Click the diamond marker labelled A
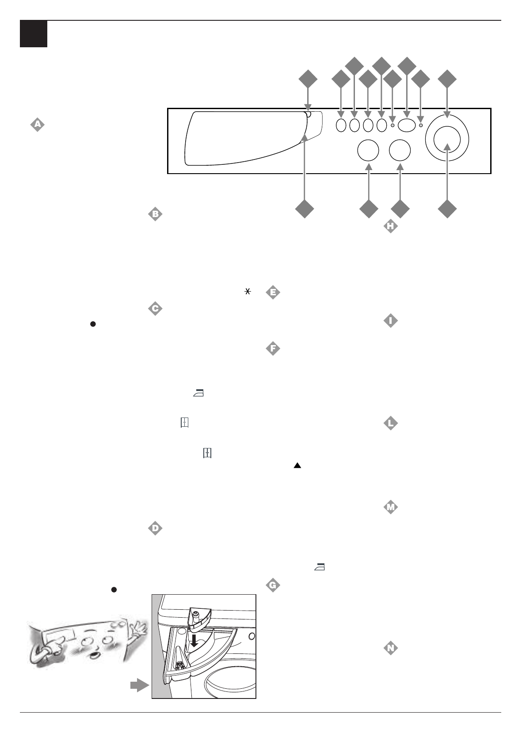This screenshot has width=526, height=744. point(38,125)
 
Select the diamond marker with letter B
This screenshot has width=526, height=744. point(155,214)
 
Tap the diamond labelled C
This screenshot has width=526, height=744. point(155,308)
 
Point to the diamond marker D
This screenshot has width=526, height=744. point(155,528)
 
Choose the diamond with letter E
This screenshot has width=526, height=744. point(273,292)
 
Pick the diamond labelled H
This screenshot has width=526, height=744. point(390,227)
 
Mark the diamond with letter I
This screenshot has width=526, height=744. point(390,321)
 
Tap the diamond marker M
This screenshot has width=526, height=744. point(390,507)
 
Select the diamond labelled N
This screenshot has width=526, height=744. point(390,648)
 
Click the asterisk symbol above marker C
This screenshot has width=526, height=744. point(248,291)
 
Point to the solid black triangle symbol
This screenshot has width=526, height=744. point(297,465)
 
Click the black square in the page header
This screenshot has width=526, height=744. point(34,34)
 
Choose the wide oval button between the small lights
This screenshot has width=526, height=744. point(406,125)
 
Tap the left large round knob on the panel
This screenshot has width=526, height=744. point(368,150)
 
